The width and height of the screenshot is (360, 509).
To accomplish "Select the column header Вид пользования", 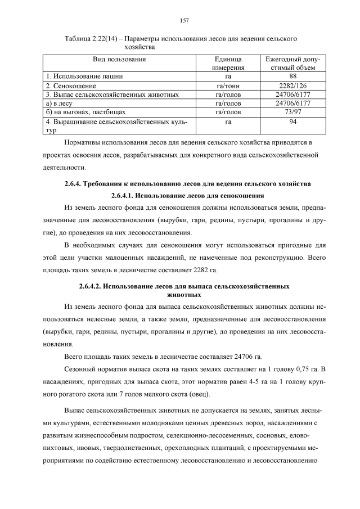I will pyautogui.click(x=120, y=58).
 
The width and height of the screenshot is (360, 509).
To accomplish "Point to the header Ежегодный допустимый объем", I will pyautogui.click(x=292, y=63).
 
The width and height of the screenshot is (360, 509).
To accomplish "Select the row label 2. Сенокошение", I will pyautogui.click(x=71, y=85).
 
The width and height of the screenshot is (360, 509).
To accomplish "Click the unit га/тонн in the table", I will pyautogui.click(x=228, y=85).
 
